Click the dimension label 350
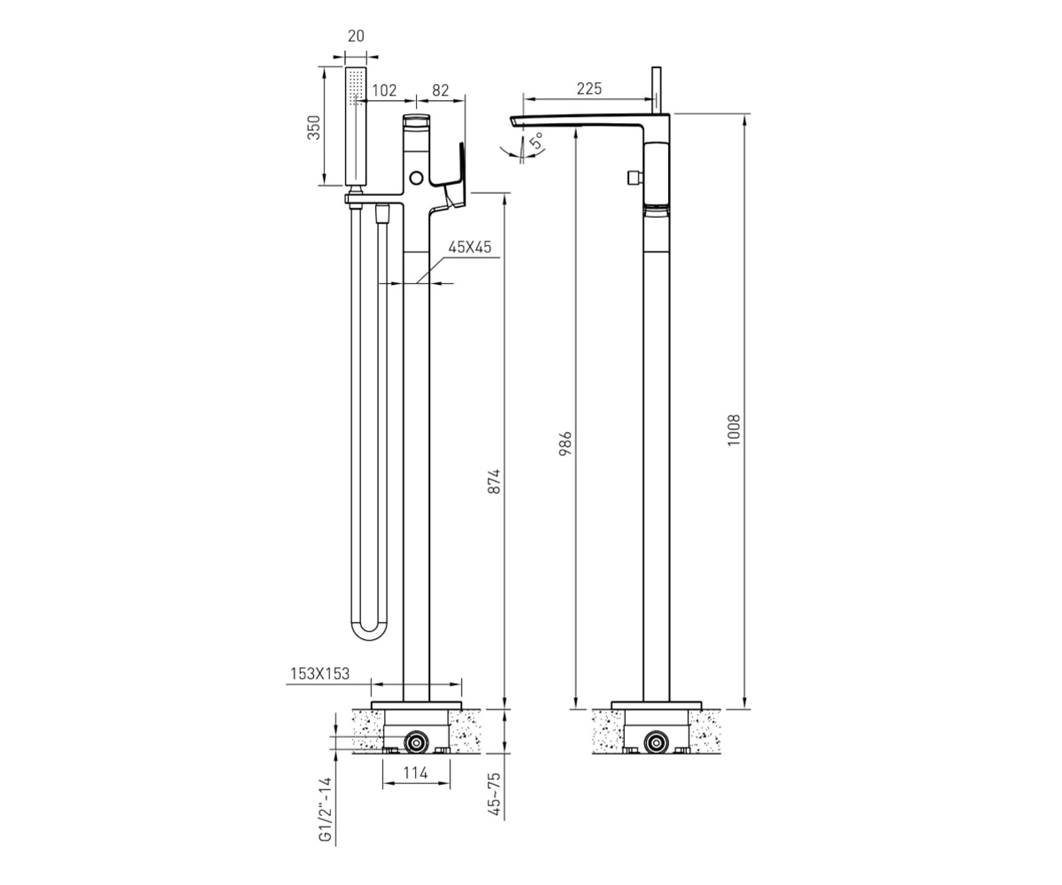pyautogui.click(x=315, y=127)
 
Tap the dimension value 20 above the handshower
pyautogui.click(x=356, y=36)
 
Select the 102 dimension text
pyautogui.click(x=384, y=90)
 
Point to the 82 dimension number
pyautogui.click(x=441, y=90)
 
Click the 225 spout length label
pyautogui.click(x=589, y=88)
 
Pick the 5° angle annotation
pyautogui.click(x=536, y=140)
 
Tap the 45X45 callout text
pyautogui.click(x=470, y=247)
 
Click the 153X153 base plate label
pyautogui.click(x=319, y=673)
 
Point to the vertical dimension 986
pyautogui.click(x=566, y=443)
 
